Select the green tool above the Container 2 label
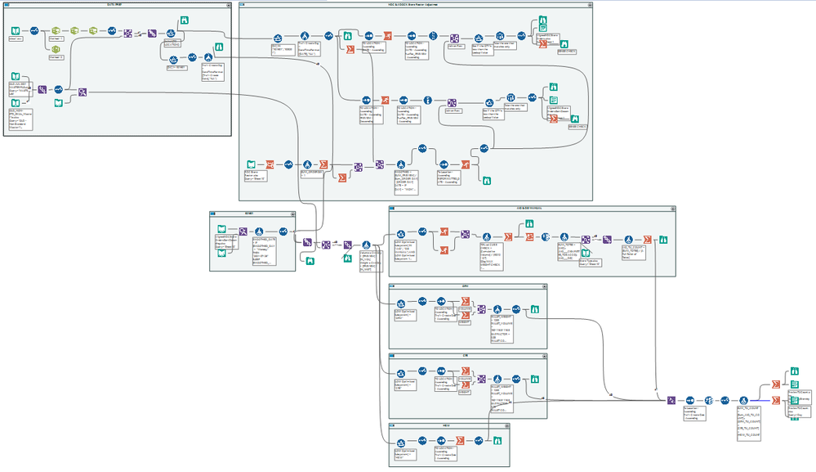(x=56, y=50)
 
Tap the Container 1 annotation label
(x=56, y=38)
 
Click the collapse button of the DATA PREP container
(x=230, y=4)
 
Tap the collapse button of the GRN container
(x=543, y=286)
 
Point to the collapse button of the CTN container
(x=543, y=356)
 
